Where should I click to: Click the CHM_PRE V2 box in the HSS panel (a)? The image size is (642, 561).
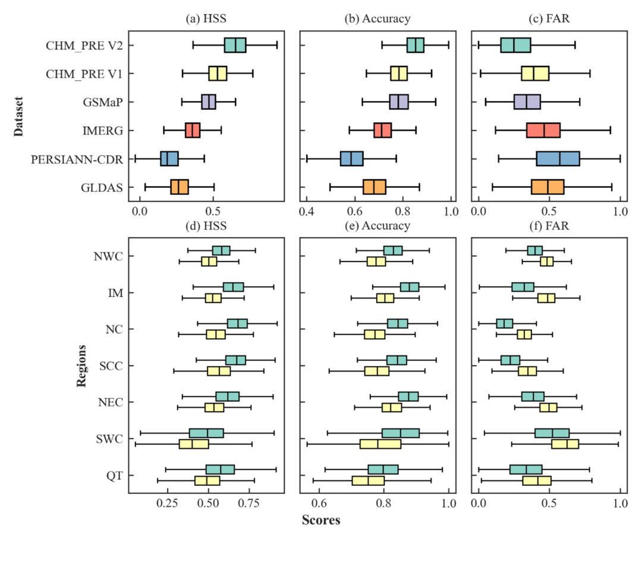235,45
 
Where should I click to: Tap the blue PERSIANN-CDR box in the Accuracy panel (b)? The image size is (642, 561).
352,159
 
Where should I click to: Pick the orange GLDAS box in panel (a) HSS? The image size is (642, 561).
180,187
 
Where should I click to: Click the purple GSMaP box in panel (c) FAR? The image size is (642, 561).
527,102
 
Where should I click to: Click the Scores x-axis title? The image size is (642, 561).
321,521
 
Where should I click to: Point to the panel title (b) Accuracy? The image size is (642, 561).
377,18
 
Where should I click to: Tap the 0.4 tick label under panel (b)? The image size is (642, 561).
307,212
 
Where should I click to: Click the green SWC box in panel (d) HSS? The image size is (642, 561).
206,433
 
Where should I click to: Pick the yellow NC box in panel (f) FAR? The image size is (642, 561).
524,335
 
